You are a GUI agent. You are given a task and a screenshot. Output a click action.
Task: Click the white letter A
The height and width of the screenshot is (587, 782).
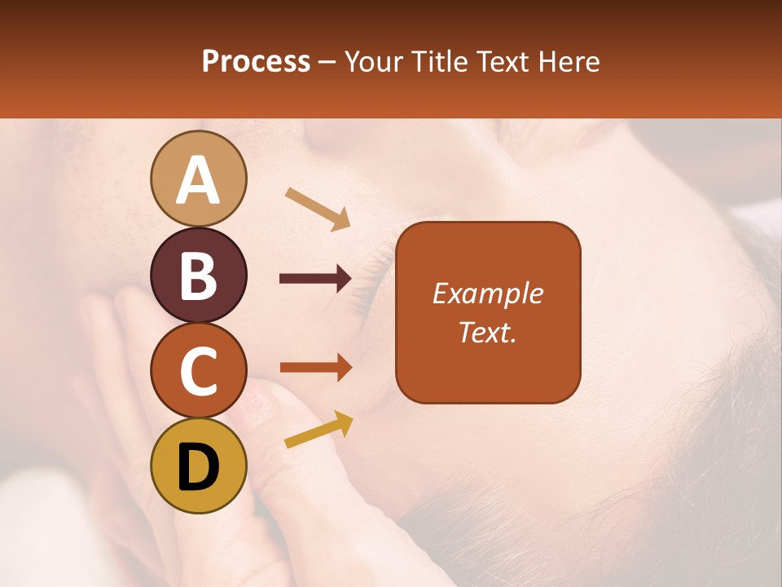(198, 180)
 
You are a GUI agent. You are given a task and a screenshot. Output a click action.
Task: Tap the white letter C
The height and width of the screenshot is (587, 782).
(198, 371)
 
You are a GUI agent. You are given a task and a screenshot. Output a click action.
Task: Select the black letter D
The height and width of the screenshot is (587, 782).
(198, 467)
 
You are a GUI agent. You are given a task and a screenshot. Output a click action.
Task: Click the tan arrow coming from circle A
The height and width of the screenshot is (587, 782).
(318, 209)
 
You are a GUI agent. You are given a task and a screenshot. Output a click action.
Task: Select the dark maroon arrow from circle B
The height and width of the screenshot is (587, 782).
(315, 279)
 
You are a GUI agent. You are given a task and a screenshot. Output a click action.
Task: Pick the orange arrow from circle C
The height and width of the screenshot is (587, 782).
(315, 368)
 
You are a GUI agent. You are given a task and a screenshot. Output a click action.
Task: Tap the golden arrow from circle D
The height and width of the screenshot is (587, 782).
(319, 430)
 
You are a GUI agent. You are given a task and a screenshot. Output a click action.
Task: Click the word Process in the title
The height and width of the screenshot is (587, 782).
(256, 62)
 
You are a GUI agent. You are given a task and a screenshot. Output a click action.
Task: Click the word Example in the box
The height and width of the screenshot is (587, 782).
(487, 294)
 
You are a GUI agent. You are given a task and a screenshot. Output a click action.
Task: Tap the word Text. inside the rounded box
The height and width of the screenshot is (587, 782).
(487, 332)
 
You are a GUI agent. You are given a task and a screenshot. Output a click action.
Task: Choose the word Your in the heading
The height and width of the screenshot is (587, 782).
(374, 62)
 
